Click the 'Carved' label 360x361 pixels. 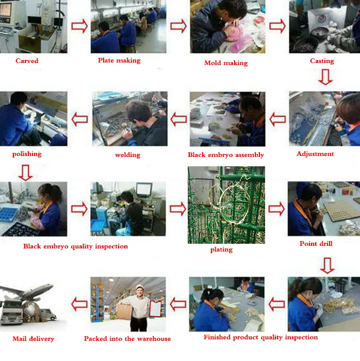(27, 61)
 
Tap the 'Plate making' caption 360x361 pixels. (119, 60)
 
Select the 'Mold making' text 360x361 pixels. (226, 63)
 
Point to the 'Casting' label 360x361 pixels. (322, 61)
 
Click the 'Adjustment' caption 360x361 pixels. (315, 154)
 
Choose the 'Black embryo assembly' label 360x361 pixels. (226, 155)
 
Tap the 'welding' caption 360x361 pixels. (127, 155)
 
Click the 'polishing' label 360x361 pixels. (27, 154)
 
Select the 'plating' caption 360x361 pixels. (221, 249)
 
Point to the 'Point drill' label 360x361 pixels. (316, 244)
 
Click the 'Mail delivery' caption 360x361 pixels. (34, 339)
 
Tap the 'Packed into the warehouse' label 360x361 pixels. (127, 339)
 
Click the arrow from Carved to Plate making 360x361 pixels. (79, 26)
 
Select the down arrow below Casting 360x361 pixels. (325, 77)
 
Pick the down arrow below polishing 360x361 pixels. (25, 172)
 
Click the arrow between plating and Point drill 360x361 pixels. (276, 209)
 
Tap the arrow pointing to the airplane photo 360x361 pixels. (79, 304)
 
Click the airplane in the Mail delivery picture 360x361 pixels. (27, 291)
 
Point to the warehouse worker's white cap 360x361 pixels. (139, 287)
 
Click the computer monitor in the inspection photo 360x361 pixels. (144, 190)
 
